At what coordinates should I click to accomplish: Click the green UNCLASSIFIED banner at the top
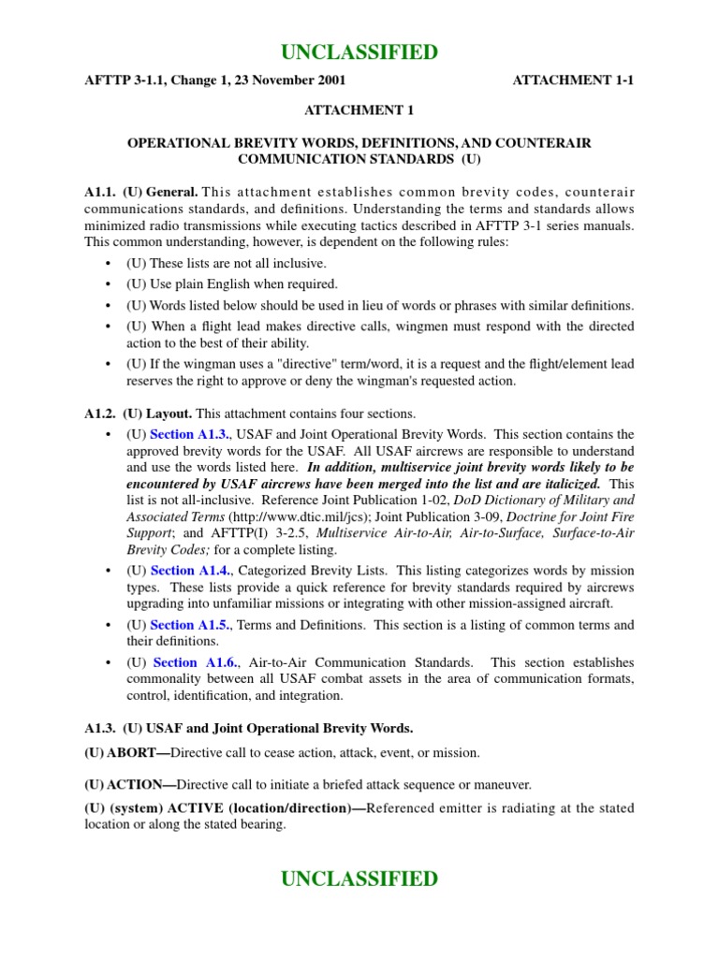(359, 52)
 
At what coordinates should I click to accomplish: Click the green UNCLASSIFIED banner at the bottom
(359, 878)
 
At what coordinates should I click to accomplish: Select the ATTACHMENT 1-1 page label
(573, 81)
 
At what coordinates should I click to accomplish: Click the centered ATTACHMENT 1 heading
(359, 110)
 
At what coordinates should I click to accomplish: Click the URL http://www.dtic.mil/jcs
(298, 515)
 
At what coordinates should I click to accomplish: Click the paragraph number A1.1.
(100, 192)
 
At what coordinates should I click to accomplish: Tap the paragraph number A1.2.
(100, 414)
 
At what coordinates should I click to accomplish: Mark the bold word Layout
(169, 414)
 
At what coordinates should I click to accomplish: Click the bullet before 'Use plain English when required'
(110, 284)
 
